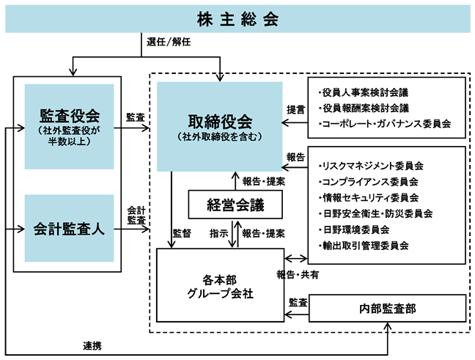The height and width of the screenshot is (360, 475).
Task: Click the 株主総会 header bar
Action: [x=237, y=19]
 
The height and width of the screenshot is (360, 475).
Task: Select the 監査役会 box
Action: [x=69, y=126]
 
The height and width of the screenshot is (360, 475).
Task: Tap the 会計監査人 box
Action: [x=69, y=228]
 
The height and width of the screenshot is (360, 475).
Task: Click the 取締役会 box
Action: [x=220, y=126]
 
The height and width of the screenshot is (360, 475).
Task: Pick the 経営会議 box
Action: [x=235, y=205]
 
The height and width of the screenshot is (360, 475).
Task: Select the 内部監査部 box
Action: [x=388, y=308]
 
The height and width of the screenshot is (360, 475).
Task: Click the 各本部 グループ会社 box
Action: [x=220, y=285]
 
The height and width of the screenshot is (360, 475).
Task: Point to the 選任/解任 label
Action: [x=169, y=42]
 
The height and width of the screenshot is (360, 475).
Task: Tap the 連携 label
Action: [x=92, y=346]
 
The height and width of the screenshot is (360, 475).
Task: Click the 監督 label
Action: [x=182, y=234]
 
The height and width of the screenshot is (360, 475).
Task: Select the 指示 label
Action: [x=218, y=234]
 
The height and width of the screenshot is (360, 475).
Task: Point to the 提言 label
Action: [x=295, y=110]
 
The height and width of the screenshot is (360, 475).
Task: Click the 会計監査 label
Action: [x=136, y=215]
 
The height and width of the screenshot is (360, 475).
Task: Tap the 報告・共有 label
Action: [x=298, y=275]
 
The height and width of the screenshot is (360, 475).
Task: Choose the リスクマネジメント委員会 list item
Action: [x=371, y=166]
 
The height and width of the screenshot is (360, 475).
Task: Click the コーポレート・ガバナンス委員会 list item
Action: [x=385, y=124]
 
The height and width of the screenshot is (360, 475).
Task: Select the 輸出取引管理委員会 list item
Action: [x=364, y=246]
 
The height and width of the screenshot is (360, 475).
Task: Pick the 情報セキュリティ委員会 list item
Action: [x=369, y=197]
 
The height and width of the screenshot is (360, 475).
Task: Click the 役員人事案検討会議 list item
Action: [x=364, y=92]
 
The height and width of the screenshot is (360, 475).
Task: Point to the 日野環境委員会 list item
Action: [x=354, y=229]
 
